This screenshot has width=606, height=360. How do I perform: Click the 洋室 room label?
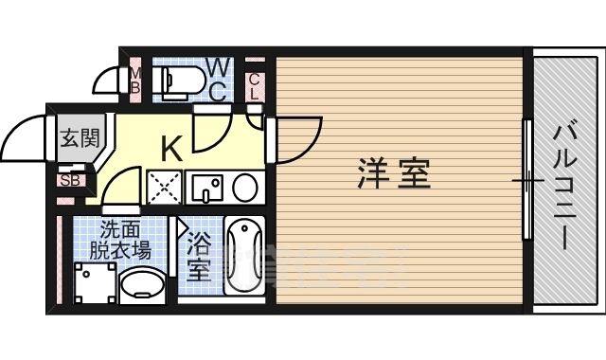click(x=394, y=174)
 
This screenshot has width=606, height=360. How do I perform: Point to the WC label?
click(x=217, y=80)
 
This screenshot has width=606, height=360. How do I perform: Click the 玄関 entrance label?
click(x=80, y=138)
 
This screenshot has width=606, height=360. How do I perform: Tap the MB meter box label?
click(x=135, y=81)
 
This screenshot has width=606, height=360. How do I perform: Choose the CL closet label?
click(x=254, y=87)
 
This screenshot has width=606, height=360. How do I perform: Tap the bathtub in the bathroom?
click(x=244, y=256)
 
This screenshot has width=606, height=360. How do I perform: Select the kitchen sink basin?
click(x=205, y=189)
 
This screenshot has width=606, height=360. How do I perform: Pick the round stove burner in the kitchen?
click(x=244, y=188)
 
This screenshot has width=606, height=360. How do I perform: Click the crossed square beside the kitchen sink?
click(x=164, y=188)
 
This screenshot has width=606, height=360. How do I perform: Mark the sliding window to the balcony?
click(x=526, y=180)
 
